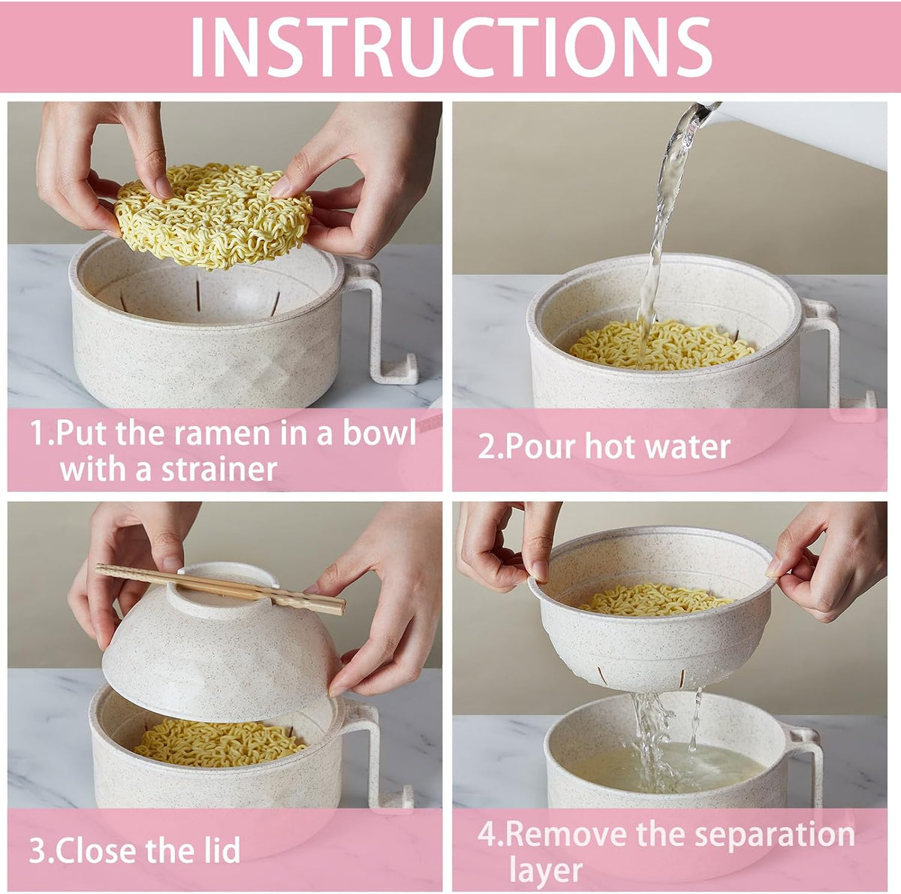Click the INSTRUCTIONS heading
tap(450, 47)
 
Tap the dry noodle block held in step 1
tap(214, 216)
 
